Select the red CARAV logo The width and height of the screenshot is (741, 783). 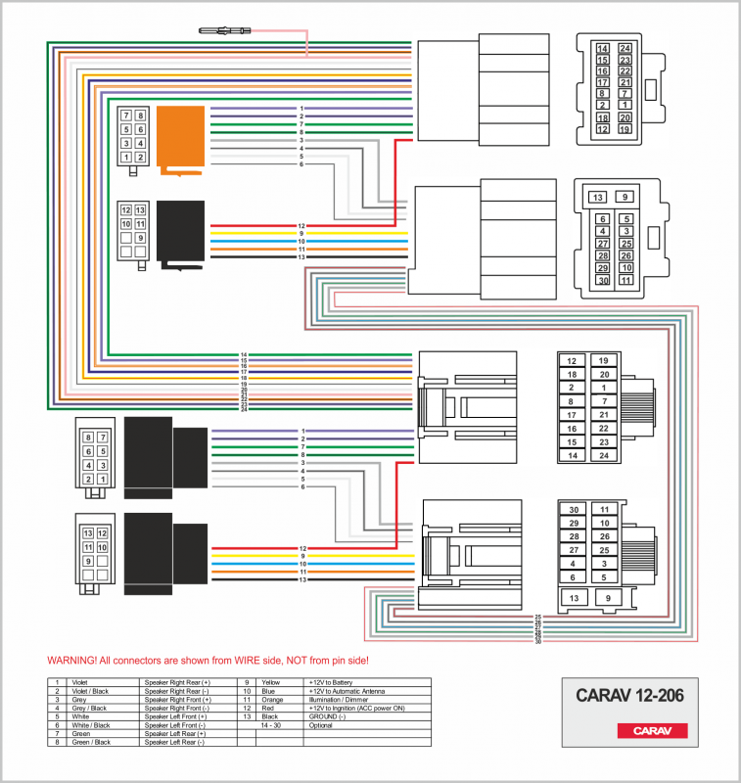tap(651, 730)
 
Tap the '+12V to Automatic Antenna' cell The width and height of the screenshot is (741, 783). tap(344, 690)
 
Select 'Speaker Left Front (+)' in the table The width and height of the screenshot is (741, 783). tap(176, 717)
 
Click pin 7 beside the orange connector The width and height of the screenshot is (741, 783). tap(126, 115)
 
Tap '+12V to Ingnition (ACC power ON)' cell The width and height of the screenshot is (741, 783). tap(358, 709)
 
